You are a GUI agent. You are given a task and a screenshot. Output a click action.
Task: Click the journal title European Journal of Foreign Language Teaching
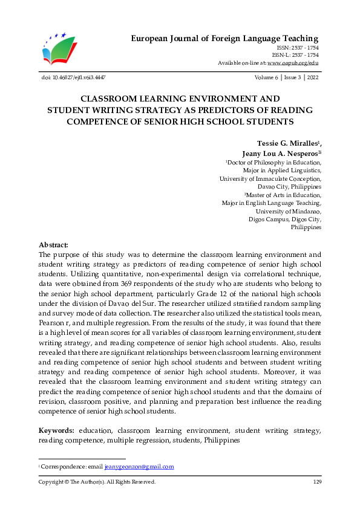[225, 39]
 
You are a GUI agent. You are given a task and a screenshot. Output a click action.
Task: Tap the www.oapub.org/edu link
[293, 63]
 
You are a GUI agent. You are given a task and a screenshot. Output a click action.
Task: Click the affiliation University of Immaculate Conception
[270, 178]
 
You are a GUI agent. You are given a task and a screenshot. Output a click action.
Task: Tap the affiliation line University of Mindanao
[289, 212]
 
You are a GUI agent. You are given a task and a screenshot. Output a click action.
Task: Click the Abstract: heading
[54, 245]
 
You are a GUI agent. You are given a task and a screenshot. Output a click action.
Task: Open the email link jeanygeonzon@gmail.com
[139, 467]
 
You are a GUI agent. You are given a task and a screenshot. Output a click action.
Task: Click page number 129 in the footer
[316, 482]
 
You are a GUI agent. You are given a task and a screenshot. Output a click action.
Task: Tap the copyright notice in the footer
[97, 482]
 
